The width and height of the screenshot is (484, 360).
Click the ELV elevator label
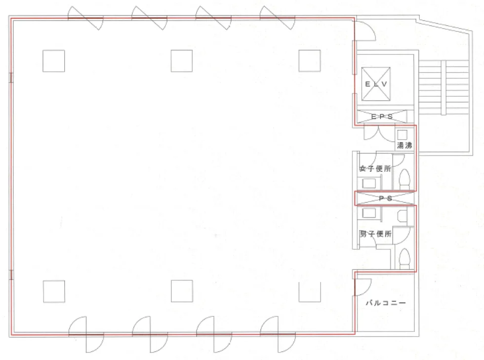pos(376,84)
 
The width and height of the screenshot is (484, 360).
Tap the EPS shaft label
pos(382,117)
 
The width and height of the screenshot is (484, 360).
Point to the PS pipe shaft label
pos(385,198)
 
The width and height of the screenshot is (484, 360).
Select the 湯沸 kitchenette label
pos(404,145)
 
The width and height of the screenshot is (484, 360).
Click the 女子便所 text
pos(375,168)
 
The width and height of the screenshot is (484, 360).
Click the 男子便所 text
pos(375,234)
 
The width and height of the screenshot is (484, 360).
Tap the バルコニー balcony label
pos(386,303)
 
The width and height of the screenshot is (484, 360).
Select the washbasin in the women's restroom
pos(369,183)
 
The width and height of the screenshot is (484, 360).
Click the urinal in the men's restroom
pos(402,216)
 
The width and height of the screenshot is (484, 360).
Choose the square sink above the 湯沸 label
pos(402,135)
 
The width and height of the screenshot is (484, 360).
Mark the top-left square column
pos(54,61)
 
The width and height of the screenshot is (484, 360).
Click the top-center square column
pos(182,61)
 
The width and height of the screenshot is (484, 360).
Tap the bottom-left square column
pos(54,291)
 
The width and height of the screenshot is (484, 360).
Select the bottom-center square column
pos(182,291)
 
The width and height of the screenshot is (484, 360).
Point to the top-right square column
pos(310,61)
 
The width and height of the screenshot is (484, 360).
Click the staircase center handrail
pos(444,88)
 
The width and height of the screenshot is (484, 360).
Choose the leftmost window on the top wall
pos(85,18)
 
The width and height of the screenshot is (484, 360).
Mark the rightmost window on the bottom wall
pos(278,334)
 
